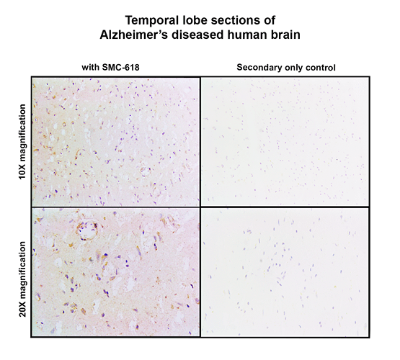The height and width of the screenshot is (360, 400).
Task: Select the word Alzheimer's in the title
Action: (x=133, y=35)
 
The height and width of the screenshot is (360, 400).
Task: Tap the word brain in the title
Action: (x=285, y=35)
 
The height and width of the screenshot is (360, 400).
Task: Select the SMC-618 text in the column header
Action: (x=120, y=67)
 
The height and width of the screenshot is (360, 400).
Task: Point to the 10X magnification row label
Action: (x=22, y=142)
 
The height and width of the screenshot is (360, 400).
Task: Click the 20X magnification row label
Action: (x=22, y=279)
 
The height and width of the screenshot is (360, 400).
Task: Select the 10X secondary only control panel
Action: (x=285, y=142)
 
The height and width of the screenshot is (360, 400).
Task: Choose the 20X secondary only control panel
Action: (x=285, y=272)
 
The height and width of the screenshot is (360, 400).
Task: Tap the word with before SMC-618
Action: (x=91, y=67)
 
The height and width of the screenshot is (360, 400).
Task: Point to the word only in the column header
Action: (x=293, y=68)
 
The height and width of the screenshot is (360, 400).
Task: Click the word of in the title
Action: (x=270, y=20)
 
